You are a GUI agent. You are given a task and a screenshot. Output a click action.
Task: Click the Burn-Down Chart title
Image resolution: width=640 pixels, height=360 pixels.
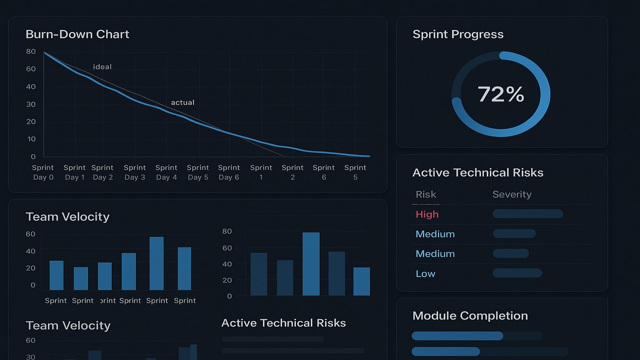(x=77, y=34)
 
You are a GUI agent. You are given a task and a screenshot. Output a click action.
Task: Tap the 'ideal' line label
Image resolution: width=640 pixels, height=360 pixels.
(x=102, y=67)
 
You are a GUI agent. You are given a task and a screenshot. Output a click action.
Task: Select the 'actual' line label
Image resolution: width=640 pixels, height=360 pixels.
(x=182, y=102)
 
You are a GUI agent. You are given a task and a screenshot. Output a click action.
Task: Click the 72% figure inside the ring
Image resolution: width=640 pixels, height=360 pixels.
(x=501, y=94)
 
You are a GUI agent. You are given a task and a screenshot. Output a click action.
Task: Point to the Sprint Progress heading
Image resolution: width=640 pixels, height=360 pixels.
(x=458, y=34)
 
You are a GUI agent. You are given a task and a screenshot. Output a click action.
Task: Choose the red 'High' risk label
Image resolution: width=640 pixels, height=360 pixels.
(x=427, y=214)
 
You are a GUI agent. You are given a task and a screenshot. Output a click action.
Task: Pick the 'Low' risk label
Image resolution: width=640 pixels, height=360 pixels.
(x=425, y=274)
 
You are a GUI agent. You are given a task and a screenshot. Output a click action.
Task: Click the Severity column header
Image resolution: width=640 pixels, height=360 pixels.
(x=511, y=195)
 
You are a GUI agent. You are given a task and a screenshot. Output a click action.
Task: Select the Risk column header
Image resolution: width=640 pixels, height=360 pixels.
(x=426, y=195)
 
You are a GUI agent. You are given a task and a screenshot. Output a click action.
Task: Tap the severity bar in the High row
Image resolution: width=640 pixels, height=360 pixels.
(x=527, y=214)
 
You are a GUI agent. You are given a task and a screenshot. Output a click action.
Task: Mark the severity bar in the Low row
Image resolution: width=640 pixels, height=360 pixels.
(x=517, y=273)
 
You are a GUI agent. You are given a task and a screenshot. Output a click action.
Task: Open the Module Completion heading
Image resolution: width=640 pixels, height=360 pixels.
(x=470, y=316)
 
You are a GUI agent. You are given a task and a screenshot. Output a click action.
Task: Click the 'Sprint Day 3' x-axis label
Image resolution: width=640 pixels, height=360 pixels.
(x=135, y=172)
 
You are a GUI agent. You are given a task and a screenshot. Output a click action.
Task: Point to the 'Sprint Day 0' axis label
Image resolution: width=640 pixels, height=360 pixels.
(x=43, y=172)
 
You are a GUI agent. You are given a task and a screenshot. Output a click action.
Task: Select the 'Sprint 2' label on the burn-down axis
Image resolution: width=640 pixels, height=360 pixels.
(x=292, y=172)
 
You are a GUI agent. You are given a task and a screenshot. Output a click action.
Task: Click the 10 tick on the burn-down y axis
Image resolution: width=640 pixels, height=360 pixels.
(x=31, y=139)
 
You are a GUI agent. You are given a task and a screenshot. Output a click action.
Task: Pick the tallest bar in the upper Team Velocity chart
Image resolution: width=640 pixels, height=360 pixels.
(x=156, y=263)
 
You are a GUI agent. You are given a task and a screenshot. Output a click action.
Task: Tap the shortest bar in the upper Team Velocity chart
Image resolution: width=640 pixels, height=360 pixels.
(x=81, y=278)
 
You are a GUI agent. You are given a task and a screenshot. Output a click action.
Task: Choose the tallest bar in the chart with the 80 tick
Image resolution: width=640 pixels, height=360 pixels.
(x=311, y=264)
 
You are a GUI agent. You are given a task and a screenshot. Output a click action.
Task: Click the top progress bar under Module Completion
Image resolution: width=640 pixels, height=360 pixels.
(x=457, y=335)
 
